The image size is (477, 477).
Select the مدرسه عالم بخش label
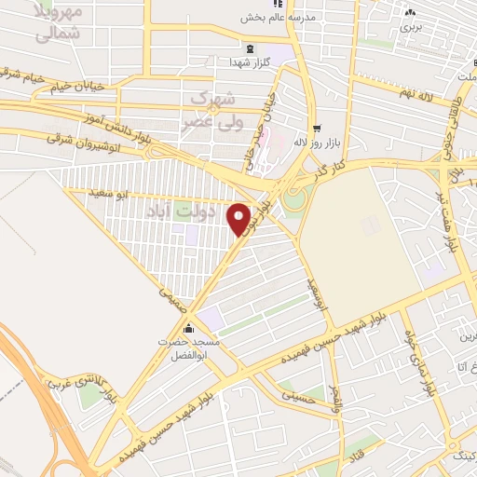pos(279,18)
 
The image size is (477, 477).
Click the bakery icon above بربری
pos(410,12)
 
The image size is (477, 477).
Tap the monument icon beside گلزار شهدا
pos(248,48)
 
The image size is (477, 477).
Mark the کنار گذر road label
pos(332,165)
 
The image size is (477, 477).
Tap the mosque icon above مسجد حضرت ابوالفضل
pos(190,329)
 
